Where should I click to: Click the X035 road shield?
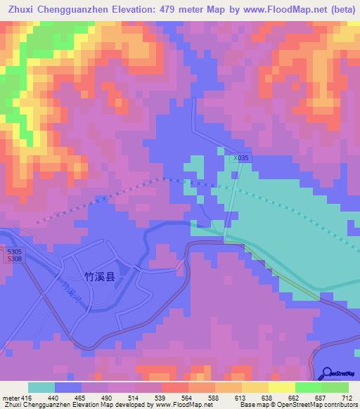(241, 158)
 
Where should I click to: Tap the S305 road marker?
(14, 251)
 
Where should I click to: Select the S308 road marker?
(14, 259)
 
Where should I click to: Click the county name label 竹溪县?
(99, 277)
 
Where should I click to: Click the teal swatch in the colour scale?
(41, 387)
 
